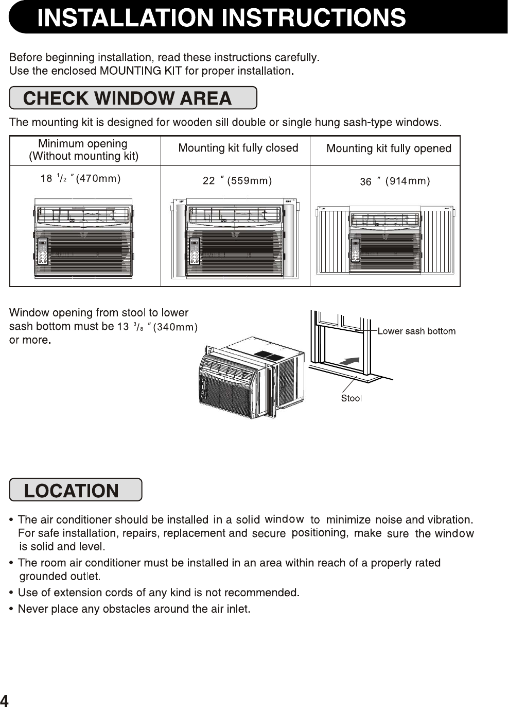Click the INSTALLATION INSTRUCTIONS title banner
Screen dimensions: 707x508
(x=221, y=18)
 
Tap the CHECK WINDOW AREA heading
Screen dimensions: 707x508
(x=128, y=98)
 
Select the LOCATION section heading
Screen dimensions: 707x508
(x=72, y=491)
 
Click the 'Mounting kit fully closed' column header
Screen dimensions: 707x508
(x=238, y=148)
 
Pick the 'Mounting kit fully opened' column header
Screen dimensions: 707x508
(x=389, y=149)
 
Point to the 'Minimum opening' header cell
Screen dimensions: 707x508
(x=83, y=149)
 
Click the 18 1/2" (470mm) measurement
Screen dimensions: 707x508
(x=80, y=179)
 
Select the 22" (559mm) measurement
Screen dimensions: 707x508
(x=237, y=181)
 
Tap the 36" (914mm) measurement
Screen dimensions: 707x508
(x=395, y=181)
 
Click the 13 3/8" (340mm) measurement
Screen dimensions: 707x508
(x=157, y=327)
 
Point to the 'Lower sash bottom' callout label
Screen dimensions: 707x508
(x=416, y=331)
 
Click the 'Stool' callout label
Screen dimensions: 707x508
(x=352, y=398)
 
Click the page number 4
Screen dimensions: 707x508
(x=4, y=700)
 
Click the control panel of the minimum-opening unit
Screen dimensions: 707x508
(x=43, y=251)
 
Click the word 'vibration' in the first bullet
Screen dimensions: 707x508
(x=449, y=519)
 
